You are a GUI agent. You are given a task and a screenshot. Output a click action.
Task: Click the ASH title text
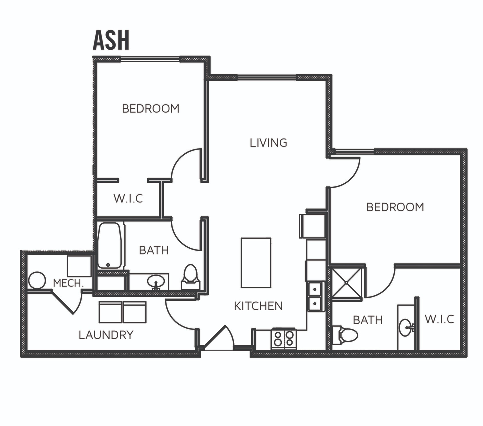click(x=111, y=41)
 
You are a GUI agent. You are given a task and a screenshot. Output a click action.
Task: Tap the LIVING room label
click(x=268, y=143)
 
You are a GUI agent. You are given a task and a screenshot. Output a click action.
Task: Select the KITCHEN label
click(x=258, y=306)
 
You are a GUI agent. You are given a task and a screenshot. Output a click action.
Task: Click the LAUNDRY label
click(x=106, y=335)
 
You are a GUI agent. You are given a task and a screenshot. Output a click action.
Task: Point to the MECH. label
click(x=68, y=284)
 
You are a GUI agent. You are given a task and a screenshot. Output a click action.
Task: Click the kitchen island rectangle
click(x=256, y=263)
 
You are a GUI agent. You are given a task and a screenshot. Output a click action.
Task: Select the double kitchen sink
click(x=315, y=296)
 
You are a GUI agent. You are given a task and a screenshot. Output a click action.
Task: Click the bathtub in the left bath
click(x=109, y=246)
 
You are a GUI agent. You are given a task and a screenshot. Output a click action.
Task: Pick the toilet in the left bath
click(x=190, y=275)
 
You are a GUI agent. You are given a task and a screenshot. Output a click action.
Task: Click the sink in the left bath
click(x=156, y=282)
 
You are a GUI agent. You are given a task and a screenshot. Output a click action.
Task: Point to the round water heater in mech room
click(x=37, y=281)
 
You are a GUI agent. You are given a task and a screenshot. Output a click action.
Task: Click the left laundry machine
click(x=110, y=312)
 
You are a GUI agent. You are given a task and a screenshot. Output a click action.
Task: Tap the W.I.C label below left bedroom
click(x=128, y=198)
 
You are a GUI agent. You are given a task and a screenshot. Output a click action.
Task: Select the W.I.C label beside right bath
click(x=439, y=319)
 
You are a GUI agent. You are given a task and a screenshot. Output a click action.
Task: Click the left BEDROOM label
click(x=150, y=109)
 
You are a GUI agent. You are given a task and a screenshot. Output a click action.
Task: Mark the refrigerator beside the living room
click(x=312, y=226)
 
